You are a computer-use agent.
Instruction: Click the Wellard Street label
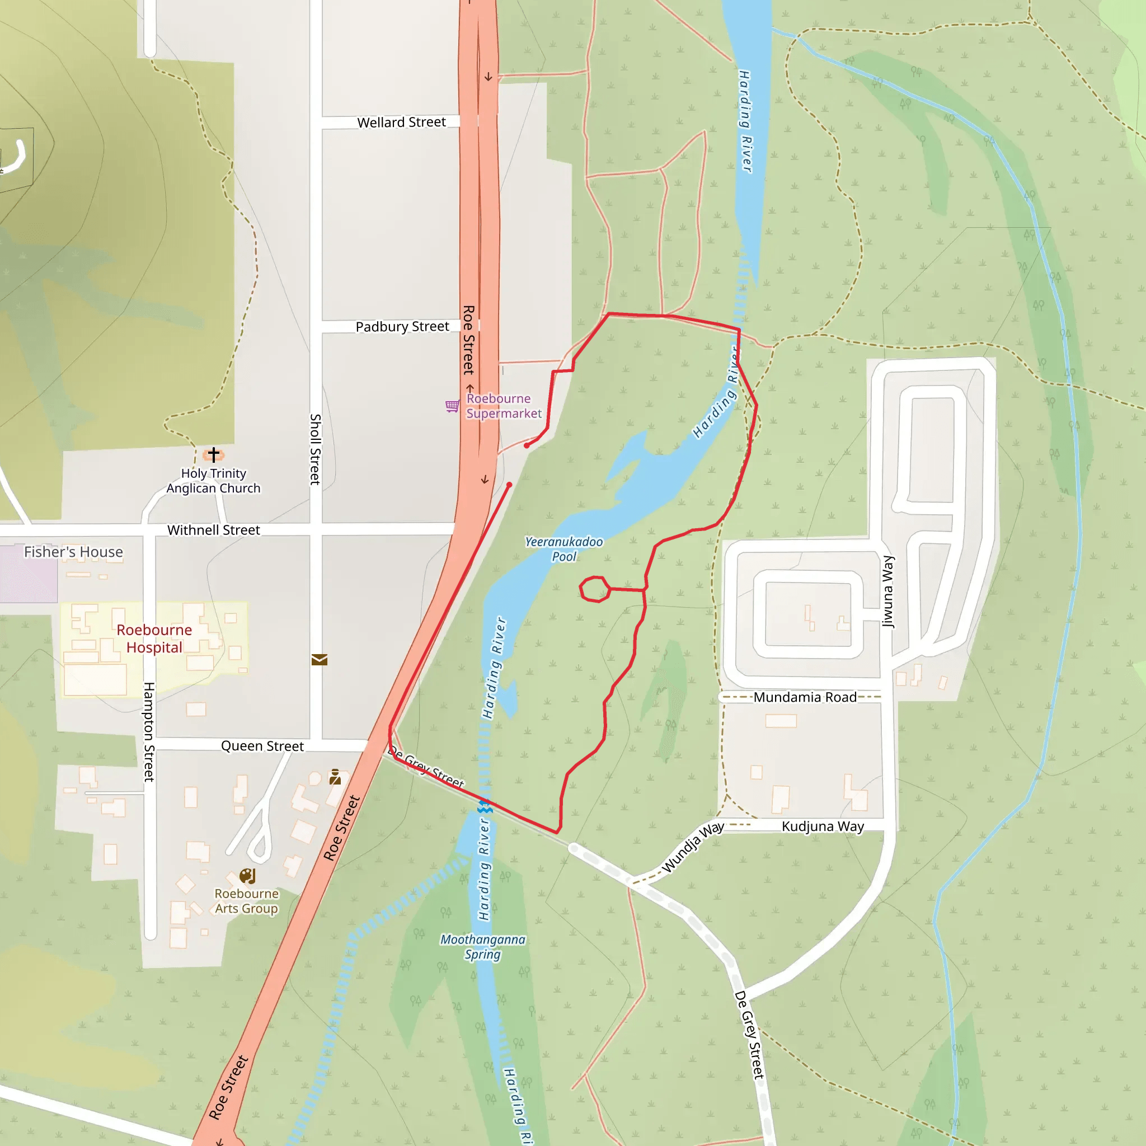pos(401,122)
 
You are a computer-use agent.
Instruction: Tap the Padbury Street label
pos(402,326)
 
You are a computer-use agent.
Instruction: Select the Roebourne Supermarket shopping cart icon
pos(452,406)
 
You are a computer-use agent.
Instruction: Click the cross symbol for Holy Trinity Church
pos(214,454)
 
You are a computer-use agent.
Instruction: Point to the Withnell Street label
pos(214,530)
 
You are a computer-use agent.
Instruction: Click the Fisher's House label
pos(73,552)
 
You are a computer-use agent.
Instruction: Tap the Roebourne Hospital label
pos(154,638)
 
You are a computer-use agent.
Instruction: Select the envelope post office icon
pos(319,660)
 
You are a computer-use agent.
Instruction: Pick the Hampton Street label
pos(149,731)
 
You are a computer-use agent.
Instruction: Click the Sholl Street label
pos(316,449)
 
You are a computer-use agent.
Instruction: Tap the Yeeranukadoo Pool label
pos(563,549)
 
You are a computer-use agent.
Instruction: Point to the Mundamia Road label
pos(804,697)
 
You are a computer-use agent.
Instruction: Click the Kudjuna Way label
pos(822,826)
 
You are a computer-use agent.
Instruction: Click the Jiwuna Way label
pos(887,591)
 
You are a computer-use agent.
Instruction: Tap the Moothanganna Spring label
pos(482,947)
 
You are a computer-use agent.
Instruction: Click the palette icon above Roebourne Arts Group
pos(247,876)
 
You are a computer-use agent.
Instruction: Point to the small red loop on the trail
pos(594,589)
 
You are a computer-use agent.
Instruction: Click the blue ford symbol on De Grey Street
pos(485,806)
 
